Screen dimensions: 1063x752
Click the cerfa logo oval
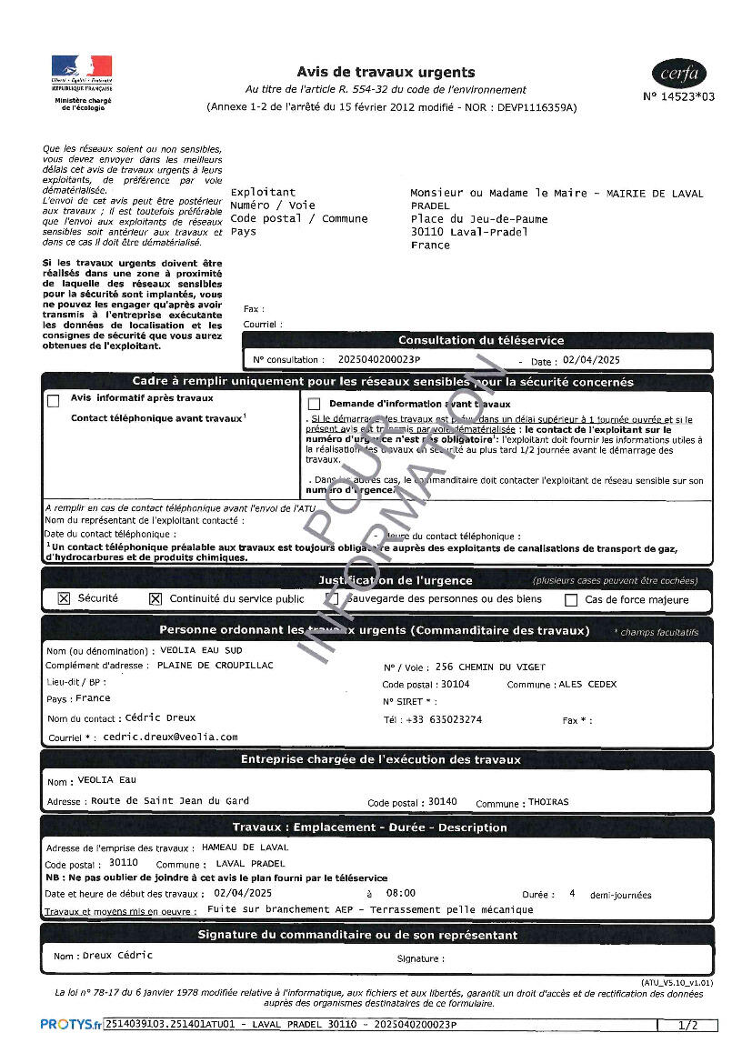pyautogui.click(x=678, y=74)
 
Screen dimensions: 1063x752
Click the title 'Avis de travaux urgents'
pyautogui.click(x=386, y=72)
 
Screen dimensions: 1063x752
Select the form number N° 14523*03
pyautogui.click(x=678, y=96)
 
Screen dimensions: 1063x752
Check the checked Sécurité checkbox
pyautogui.click(x=64, y=599)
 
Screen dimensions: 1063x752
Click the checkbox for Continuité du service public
pyautogui.click(x=155, y=599)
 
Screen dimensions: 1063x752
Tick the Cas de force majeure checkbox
pyautogui.click(x=571, y=600)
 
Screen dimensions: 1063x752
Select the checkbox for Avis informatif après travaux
pyautogui.click(x=54, y=400)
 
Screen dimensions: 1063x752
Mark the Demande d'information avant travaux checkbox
pyautogui.click(x=315, y=404)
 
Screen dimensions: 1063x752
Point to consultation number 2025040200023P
pyautogui.click(x=379, y=360)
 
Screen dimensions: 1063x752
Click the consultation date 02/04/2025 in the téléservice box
pyautogui.click(x=591, y=360)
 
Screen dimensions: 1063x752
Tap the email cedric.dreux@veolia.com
pyautogui.click(x=170, y=737)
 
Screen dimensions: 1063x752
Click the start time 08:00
pyautogui.click(x=401, y=894)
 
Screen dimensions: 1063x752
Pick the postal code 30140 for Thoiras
pyautogui.click(x=443, y=801)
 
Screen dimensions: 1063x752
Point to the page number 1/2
pyautogui.click(x=688, y=1026)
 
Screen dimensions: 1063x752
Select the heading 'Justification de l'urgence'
pyautogui.click(x=395, y=580)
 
